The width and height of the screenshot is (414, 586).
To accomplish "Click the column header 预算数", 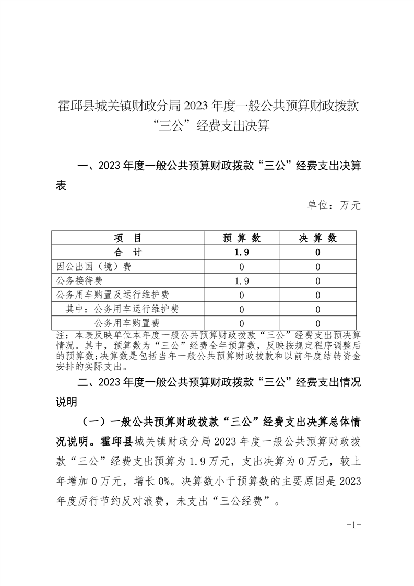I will click(242, 239).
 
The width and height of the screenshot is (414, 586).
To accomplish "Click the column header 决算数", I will click(317, 239).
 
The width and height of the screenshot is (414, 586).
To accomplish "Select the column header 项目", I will click(127, 239).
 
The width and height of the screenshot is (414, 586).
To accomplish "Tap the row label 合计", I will click(127, 253).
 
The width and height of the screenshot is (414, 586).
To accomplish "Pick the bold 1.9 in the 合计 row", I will click(242, 253).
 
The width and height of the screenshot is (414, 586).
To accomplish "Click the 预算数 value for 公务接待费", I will click(242, 281).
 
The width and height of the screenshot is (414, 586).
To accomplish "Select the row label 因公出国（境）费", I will click(94, 267).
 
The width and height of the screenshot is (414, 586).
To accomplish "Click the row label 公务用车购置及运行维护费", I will click(109, 295).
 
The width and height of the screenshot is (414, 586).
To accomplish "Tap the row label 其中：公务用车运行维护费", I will click(122, 309).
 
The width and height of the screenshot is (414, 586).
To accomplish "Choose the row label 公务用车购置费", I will click(127, 323).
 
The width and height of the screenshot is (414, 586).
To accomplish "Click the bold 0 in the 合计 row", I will click(317, 253).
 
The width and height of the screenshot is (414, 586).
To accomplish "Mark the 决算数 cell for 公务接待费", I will click(317, 281).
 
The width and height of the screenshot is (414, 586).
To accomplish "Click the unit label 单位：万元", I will click(334, 205).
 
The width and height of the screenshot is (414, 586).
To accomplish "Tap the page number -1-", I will click(354, 524).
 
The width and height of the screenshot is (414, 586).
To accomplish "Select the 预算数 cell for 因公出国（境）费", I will click(242, 267).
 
